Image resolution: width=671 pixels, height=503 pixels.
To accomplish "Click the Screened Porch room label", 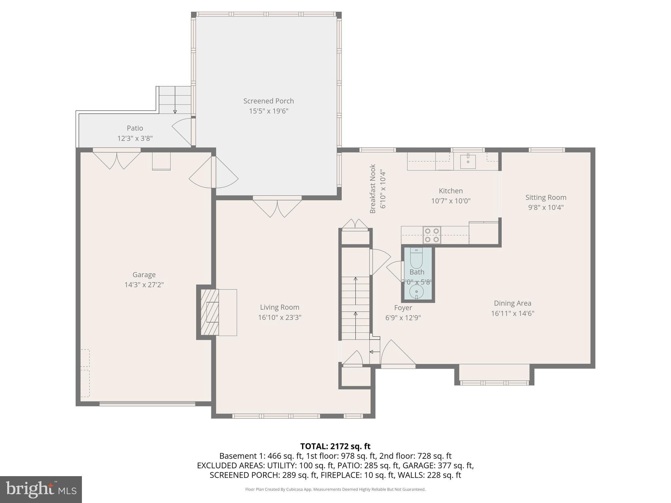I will coord(268,101).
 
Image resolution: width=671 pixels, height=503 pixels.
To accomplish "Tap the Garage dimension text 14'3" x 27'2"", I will coord(144,285).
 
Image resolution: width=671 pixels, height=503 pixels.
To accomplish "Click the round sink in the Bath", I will coord(416,291).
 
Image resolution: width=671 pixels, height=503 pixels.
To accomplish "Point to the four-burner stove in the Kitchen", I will coord(431,235).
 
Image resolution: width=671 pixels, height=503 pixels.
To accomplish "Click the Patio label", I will coord(135,128).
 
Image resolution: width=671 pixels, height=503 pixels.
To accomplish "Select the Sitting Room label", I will coord(546,197).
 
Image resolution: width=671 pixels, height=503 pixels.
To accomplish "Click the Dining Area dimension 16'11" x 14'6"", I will coord(512,313).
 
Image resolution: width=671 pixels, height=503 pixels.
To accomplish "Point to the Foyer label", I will coord(403,308).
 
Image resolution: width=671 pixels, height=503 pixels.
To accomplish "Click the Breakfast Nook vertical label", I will coord(373,189).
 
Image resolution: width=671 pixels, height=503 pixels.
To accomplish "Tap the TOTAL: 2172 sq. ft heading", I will coord(335,446).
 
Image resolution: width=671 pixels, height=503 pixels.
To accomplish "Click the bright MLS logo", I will coord(41,489).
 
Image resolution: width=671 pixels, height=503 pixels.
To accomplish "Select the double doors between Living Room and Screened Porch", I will coord(277,207).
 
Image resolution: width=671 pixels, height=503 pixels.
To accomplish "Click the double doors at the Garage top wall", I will coord(117,159).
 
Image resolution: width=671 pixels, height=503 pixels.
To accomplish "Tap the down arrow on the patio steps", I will coord(175,112).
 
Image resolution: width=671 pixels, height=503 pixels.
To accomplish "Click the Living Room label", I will coord(279,307).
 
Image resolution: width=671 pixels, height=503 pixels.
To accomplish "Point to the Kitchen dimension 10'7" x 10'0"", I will coord(451,201).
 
